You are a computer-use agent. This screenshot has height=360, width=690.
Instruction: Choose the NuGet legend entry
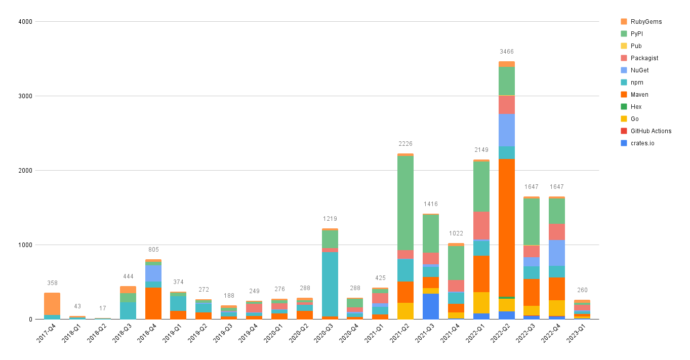pos(639,70)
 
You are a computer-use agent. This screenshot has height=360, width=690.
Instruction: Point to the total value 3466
pos(506,52)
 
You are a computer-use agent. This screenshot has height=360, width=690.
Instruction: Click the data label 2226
pos(405,144)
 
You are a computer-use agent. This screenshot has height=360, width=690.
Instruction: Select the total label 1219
pos(330,219)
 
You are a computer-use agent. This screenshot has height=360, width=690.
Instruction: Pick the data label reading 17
pos(102,308)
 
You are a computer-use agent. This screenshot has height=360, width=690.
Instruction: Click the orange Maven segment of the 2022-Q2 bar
pos(506,228)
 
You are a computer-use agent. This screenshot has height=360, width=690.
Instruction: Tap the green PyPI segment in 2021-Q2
pos(405,203)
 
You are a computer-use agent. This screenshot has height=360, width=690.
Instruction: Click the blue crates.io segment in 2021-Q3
pos(431,306)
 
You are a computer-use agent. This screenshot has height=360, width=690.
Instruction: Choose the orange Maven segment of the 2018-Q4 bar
pos(153,303)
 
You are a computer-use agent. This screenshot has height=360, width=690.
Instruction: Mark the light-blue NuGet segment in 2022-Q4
pos(557,253)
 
